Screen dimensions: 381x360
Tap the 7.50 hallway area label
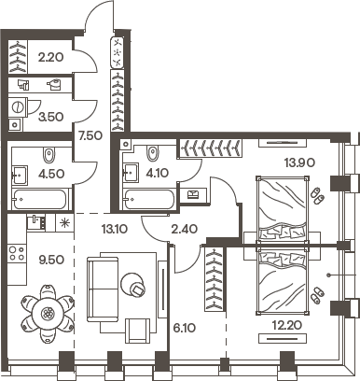[90, 136]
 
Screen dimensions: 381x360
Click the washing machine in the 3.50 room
[16, 121]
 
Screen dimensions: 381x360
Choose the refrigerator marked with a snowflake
[63, 222]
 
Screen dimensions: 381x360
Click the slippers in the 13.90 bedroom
[318, 198]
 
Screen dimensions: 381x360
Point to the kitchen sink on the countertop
[35, 222]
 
